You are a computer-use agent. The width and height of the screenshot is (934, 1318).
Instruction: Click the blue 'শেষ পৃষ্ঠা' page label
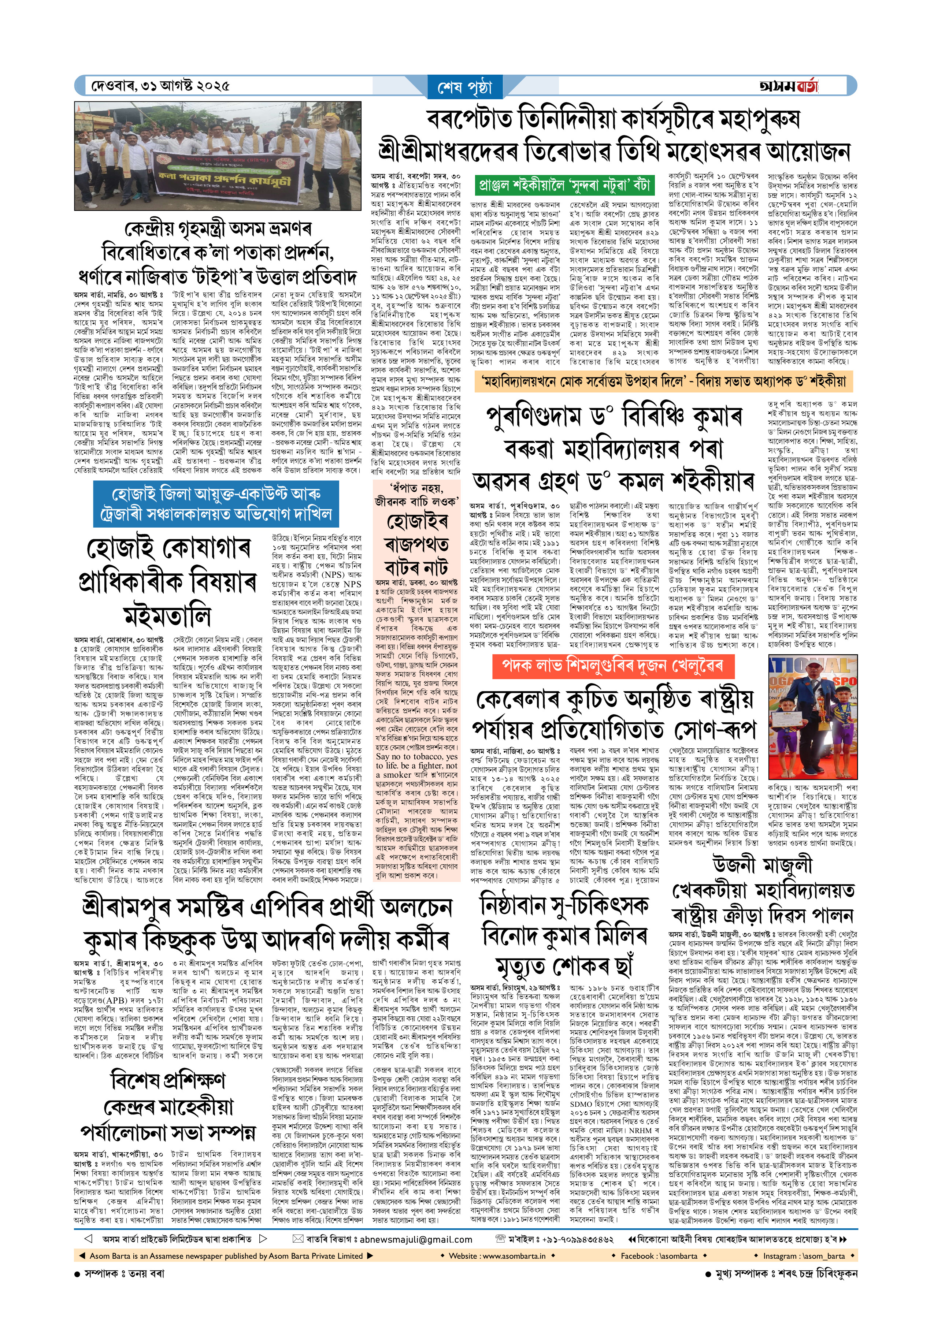pos(465,88)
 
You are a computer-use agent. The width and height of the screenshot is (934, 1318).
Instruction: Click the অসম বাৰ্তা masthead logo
pos(789,86)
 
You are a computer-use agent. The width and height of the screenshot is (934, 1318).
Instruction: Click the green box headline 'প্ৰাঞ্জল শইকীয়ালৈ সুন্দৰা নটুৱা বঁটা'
pos(564,185)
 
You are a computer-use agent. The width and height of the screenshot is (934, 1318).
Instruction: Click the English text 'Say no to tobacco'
pos(417,756)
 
